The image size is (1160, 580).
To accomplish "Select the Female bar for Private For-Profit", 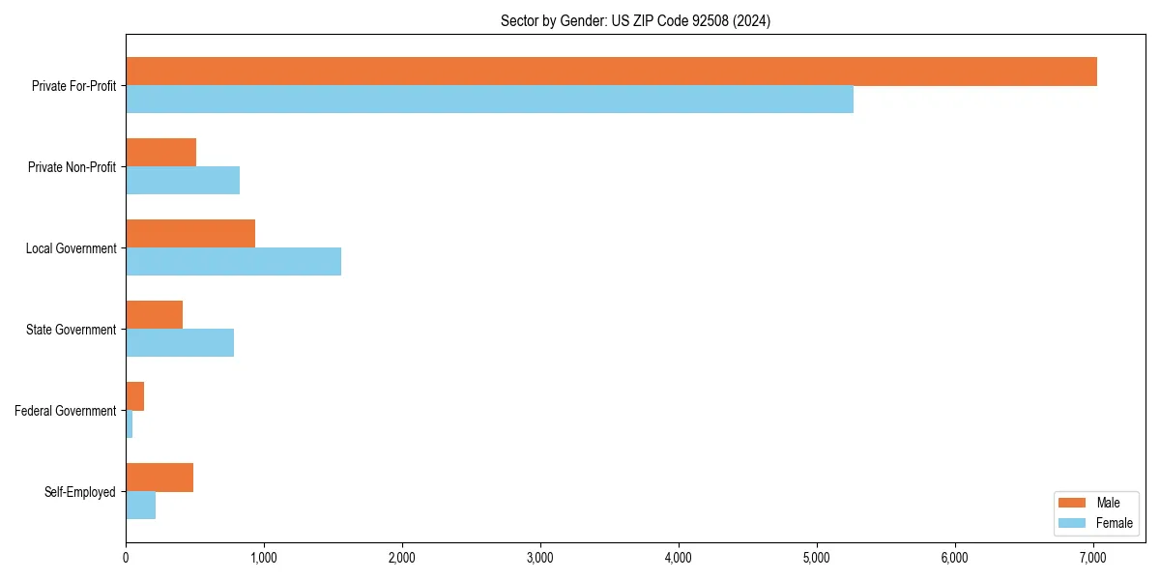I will pos(489,100).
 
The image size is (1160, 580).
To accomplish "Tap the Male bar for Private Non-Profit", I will pos(160,153).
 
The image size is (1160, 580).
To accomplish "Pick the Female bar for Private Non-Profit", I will pos(183,181).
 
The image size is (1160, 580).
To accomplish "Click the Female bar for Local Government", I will pos(233,262).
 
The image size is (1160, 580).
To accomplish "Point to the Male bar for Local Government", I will pos(190,234).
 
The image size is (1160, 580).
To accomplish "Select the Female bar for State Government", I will pos(180,343).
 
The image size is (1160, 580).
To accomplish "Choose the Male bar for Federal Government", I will pos(134,396).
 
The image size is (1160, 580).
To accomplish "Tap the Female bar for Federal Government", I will pos(129,424).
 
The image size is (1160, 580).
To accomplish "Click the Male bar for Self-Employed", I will pos(159,478).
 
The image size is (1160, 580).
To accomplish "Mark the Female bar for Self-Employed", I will pos(140,506).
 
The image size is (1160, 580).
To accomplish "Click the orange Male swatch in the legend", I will pos(1073,503).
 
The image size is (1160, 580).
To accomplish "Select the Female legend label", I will pos(1114,523).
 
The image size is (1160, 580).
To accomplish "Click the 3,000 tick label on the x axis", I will pos(540,558).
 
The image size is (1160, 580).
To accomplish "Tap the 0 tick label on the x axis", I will pos(126,558).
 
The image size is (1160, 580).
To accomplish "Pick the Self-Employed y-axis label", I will pos(79,492).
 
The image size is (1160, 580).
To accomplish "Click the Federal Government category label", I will pos(65,411).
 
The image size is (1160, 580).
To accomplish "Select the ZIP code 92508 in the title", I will pos(710,20).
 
